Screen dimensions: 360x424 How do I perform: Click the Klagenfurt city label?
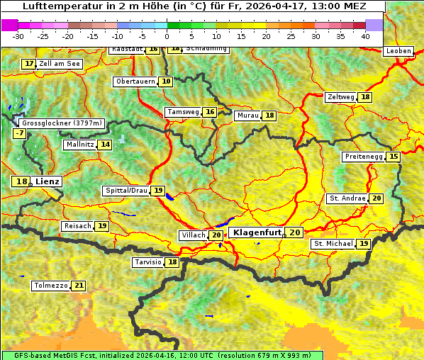pyautogui.click(x=257, y=232)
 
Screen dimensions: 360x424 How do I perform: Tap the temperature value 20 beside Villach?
pyautogui.click(x=216, y=235)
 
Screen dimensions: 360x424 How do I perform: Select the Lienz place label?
pyautogui.click(x=48, y=181)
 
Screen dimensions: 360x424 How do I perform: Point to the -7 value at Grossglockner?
pyautogui.click(x=19, y=133)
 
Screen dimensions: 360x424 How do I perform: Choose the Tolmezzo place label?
pyautogui.click(x=50, y=286)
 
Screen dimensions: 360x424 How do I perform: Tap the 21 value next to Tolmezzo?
pyautogui.click(x=78, y=286)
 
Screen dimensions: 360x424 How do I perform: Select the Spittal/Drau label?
pyautogui.click(x=126, y=191)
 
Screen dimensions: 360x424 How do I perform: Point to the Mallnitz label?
pyautogui.click(x=79, y=145)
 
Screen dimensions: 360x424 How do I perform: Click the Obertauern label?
pyautogui.click(x=135, y=81)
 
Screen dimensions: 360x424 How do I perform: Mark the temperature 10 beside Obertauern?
pyautogui.click(x=166, y=81)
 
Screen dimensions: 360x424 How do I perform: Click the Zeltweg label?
pyautogui.click(x=340, y=97)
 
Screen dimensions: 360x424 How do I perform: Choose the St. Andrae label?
pyautogui.click(x=347, y=198)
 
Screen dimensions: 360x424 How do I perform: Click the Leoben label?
pyautogui.click(x=398, y=51)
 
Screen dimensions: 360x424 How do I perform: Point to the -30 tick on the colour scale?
pyautogui.click(x=18, y=36)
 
